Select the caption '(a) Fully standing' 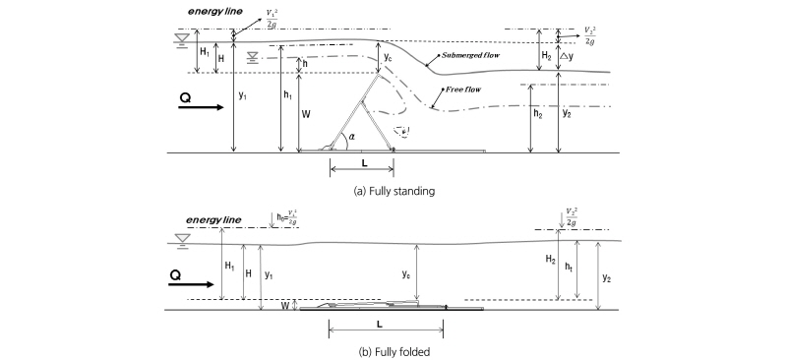pyautogui.click(x=393, y=186)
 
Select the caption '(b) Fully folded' pyautogui.click(x=393, y=346)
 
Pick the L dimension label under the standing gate pyautogui.click(x=363, y=162)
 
